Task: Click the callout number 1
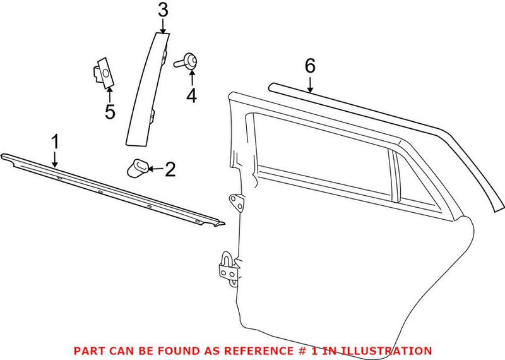[x=55, y=141]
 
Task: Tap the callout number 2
[x=170, y=169]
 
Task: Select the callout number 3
[x=163, y=9]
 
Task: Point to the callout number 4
[x=191, y=96]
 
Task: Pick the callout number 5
[x=110, y=112]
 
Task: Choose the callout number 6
[x=309, y=66]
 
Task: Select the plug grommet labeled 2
[x=137, y=168]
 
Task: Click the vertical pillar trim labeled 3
[x=149, y=82]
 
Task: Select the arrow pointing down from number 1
[x=55, y=159]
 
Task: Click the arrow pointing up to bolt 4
[x=191, y=78]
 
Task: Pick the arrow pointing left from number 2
[x=156, y=169]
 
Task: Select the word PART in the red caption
[x=87, y=350]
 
